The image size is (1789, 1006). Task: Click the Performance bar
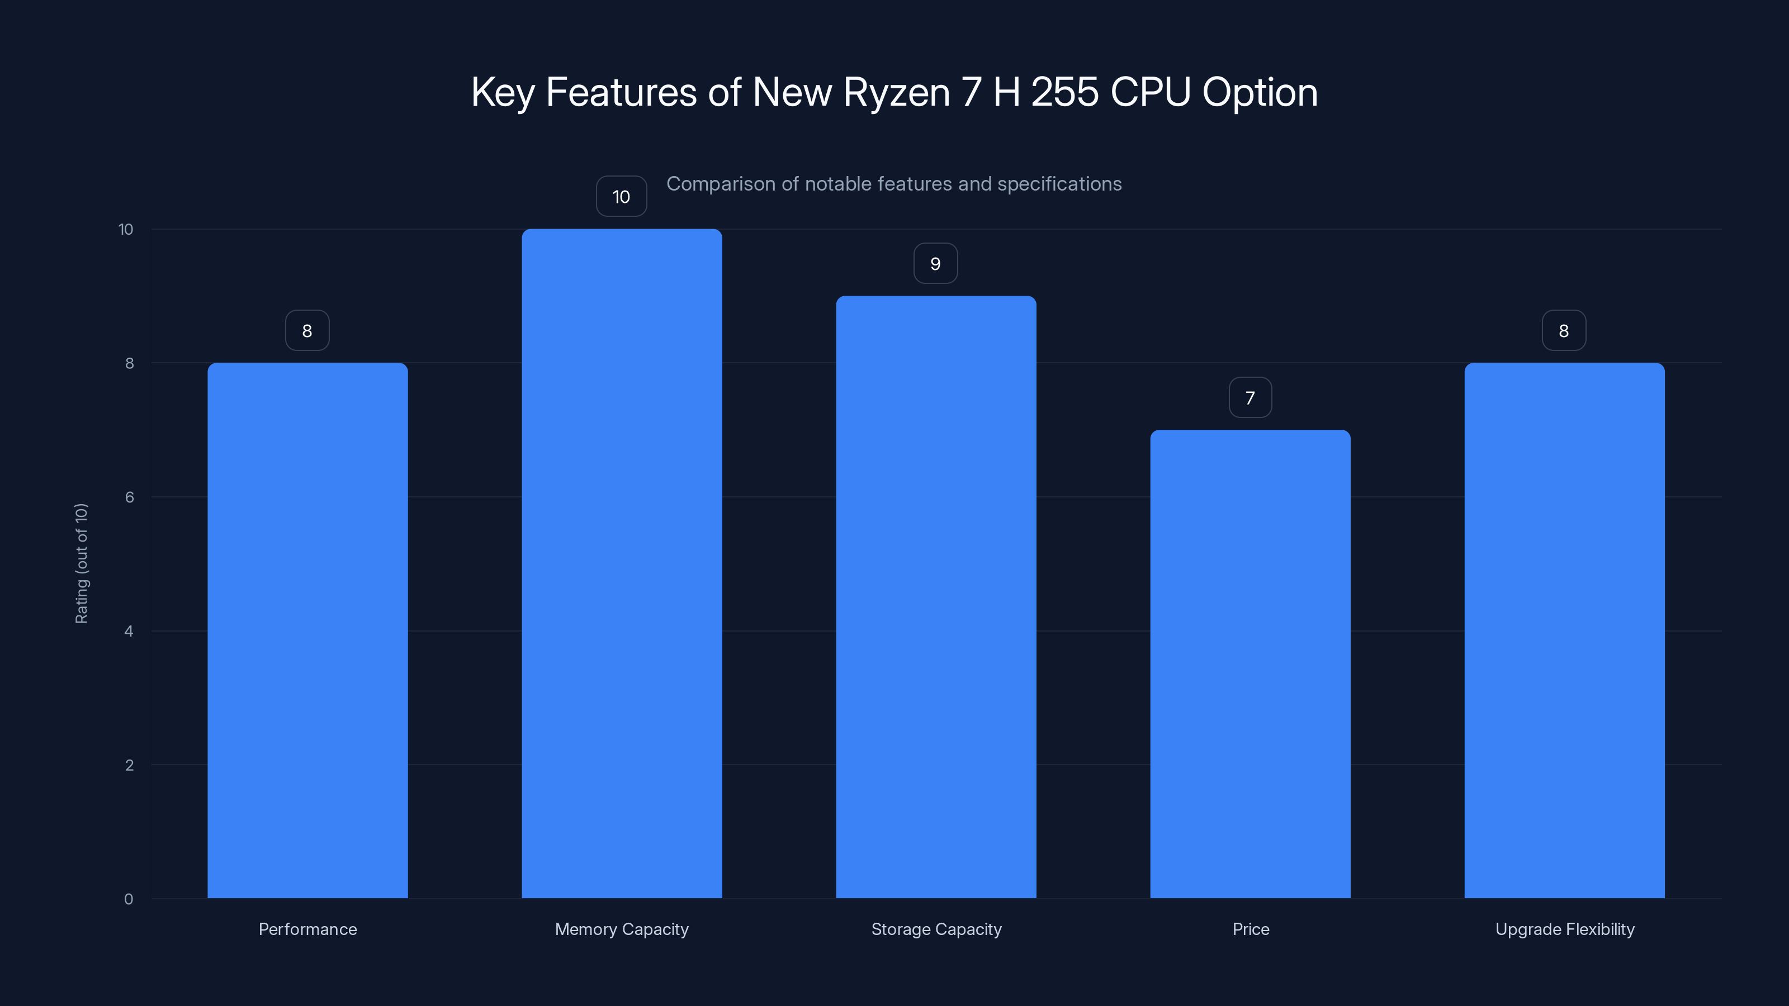[x=307, y=630]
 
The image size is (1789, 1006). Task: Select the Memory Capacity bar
[x=622, y=563]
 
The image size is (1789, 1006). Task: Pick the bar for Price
[x=1250, y=664]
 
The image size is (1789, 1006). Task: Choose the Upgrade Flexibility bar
[x=1564, y=630]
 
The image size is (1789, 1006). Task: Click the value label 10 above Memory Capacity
[x=622, y=197]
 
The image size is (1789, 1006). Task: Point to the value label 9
[x=935, y=264]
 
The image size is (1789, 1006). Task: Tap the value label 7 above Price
[x=1250, y=398]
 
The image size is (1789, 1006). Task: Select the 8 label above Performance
[x=307, y=330]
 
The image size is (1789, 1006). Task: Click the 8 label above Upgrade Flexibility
[x=1564, y=330]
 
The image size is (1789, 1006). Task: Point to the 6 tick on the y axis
[x=129, y=497]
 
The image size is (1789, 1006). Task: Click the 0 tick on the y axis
[x=129, y=899]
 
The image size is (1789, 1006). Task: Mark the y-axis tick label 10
[x=126, y=229]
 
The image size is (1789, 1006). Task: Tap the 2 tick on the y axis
[x=129, y=765]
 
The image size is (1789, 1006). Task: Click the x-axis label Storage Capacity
[x=936, y=929]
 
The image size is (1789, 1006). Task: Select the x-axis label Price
[x=1251, y=929]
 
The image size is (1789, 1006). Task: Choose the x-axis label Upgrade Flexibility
[x=1565, y=929]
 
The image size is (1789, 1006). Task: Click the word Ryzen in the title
[x=896, y=93]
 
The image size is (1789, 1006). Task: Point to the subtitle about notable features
[x=894, y=184]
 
